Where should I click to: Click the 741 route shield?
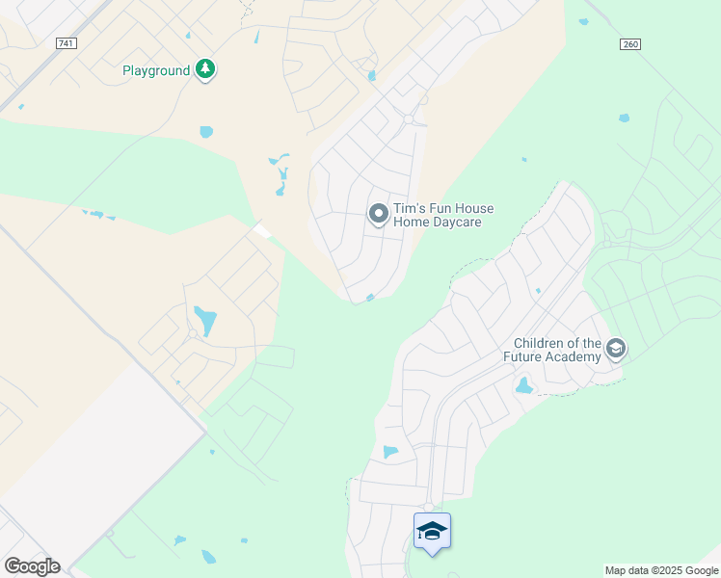[x=66, y=44]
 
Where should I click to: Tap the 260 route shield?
[x=630, y=44]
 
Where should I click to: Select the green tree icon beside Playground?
[x=204, y=69]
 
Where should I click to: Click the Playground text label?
[x=155, y=70]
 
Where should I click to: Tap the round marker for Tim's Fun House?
[x=379, y=213]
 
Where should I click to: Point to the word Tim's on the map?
[x=409, y=208]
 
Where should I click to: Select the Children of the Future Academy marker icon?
[x=616, y=349]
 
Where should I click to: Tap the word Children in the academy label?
[x=542, y=343]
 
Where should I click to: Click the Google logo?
[x=32, y=566]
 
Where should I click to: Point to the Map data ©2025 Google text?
[x=660, y=570]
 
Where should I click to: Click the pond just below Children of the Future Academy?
[x=523, y=386]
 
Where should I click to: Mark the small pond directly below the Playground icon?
[x=205, y=132]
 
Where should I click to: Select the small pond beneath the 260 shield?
[x=624, y=118]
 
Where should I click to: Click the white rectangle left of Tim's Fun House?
[x=261, y=231]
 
